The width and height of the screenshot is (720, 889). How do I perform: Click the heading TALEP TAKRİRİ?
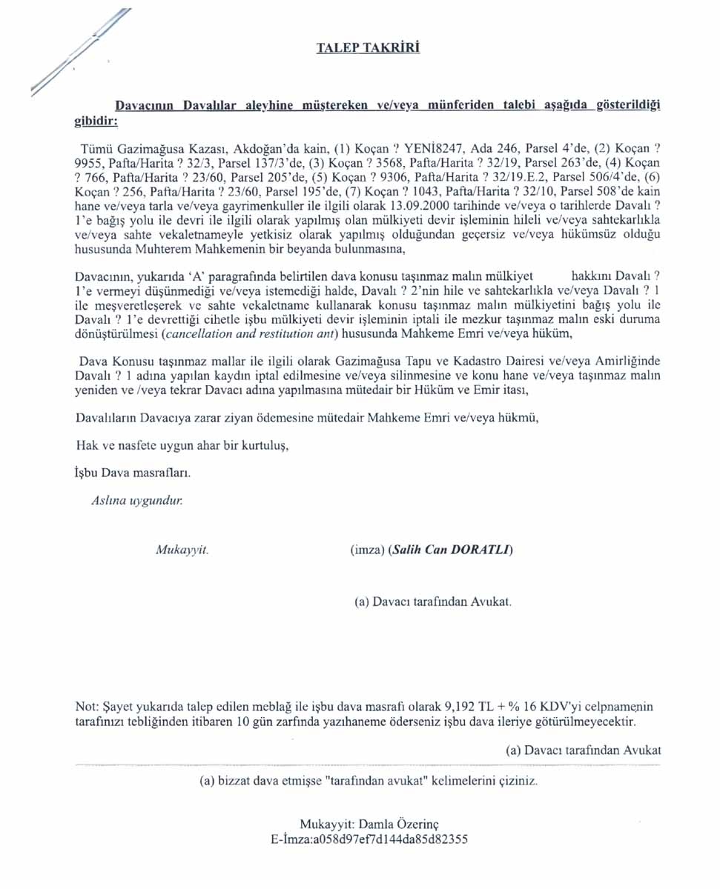point(368,48)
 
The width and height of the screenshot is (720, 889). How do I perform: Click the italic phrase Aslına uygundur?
point(136,500)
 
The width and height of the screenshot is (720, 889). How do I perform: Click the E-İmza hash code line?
point(369,839)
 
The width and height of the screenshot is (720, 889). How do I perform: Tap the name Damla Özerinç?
point(403,825)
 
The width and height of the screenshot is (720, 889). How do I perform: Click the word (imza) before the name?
point(366,550)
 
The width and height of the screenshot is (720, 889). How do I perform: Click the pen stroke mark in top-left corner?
point(79,53)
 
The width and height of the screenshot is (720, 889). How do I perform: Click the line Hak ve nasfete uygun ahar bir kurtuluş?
point(182,446)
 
